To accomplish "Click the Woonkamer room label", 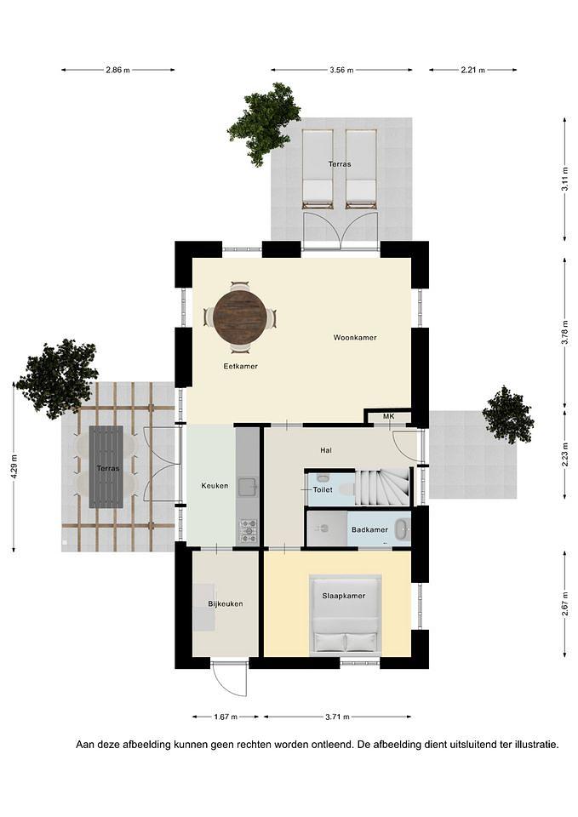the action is tap(355, 338).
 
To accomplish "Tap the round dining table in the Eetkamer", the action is tap(240, 317).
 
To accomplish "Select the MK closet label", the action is tap(389, 416).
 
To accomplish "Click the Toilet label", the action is tap(323, 490).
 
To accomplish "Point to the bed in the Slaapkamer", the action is tap(345, 614).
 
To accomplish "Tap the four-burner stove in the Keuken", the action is tap(248, 529).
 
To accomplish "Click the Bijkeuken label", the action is tap(226, 604).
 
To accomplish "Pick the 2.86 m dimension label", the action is tap(117, 70).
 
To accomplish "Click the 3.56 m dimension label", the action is tap(341, 70).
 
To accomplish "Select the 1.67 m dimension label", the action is tap(226, 717).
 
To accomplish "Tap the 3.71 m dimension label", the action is tap(337, 717).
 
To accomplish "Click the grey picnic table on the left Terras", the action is tap(106, 467).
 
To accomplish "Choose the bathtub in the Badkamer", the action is tap(402, 530).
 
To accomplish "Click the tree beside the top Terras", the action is tap(265, 119).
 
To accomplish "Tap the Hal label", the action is tap(326, 450).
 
